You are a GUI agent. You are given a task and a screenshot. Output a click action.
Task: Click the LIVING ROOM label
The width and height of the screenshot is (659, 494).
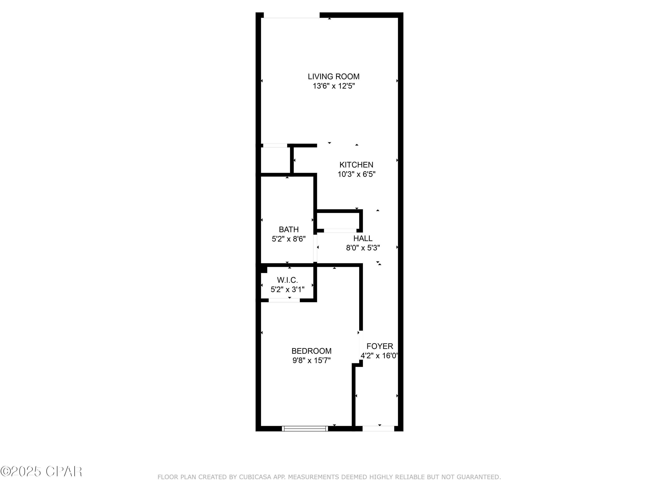click(x=333, y=77)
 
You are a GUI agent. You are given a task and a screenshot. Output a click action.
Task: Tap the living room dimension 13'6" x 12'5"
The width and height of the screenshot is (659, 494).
click(x=334, y=86)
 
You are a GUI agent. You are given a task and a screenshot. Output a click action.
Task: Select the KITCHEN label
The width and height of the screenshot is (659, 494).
click(x=356, y=165)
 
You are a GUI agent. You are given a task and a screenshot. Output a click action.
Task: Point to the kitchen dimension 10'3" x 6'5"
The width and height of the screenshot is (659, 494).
click(x=356, y=174)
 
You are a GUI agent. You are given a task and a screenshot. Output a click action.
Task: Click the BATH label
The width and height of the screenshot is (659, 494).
click(x=289, y=229)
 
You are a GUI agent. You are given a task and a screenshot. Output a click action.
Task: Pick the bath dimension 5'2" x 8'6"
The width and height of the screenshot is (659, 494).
click(x=289, y=239)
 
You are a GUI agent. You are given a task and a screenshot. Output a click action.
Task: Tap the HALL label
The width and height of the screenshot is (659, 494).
click(x=363, y=238)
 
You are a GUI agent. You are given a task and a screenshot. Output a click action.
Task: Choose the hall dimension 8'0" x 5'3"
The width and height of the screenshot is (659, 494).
click(x=363, y=248)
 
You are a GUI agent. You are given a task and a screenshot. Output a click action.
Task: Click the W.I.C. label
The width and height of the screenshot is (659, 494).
click(x=288, y=280)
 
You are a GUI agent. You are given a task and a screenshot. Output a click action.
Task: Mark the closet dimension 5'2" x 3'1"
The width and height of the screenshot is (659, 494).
click(x=288, y=289)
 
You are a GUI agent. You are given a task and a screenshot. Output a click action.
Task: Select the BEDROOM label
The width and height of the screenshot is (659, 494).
click(x=311, y=351)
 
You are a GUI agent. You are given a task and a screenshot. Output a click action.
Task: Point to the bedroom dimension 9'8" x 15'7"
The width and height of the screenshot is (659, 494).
click(x=311, y=360)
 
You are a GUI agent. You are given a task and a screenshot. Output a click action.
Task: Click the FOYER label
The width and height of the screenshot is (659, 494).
click(x=380, y=346)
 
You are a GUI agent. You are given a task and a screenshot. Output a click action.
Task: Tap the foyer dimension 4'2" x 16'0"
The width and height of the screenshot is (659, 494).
click(x=379, y=355)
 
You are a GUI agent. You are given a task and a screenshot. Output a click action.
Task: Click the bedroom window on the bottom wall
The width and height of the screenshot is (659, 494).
click(x=305, y=429)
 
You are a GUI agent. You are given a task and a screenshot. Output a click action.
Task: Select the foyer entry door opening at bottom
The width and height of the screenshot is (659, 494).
click(x=378, y=429)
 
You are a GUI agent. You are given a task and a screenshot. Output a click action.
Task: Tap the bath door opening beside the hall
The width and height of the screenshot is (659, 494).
click(x=315, y=249)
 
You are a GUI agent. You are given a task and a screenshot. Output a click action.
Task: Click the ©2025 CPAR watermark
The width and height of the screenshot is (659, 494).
click(x=41, y=471)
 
